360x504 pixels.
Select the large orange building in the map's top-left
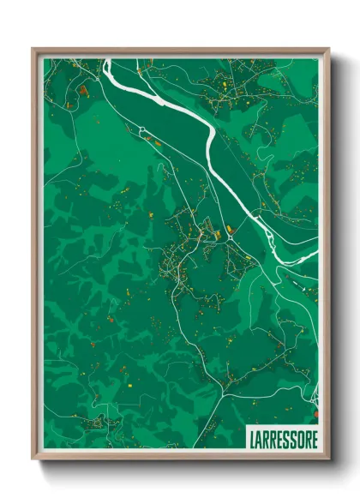[83, 88]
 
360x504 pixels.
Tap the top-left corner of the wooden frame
[33, 50]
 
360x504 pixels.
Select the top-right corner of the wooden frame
[328, 50]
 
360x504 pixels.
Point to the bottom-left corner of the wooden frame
[33, 459]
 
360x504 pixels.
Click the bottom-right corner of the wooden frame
[328, 459]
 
